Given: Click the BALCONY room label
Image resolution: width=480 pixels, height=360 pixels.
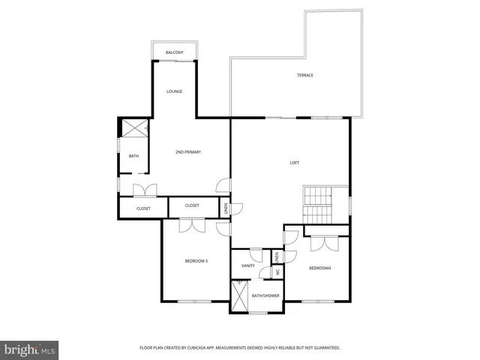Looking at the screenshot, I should [174, 52].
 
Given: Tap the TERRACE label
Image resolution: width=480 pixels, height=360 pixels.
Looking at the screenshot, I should [304, 75].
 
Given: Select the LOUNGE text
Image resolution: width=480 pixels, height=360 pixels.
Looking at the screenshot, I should [174, 91].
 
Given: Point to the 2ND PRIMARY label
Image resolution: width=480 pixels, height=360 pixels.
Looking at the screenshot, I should [188, 152].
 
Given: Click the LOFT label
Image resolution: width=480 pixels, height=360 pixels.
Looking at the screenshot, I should [295, 163].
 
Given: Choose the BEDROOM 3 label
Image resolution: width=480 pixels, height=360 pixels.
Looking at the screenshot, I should [196, 261].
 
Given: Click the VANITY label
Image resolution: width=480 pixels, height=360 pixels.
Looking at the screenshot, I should [248, 265].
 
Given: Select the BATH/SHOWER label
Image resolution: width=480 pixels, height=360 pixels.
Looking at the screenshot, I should [265, 295].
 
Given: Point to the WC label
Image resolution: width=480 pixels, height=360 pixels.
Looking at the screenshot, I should [276, 271].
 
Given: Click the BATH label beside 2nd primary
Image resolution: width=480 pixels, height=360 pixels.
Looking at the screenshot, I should [133, 156].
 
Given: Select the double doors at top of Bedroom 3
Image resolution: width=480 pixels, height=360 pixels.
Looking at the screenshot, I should [193, 224].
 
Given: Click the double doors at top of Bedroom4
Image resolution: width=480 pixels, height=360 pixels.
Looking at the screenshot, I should [325, 243].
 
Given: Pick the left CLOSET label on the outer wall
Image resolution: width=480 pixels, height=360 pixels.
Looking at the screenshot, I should [143, 208].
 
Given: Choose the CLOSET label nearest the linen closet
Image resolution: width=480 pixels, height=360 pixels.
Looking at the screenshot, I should [192, 205].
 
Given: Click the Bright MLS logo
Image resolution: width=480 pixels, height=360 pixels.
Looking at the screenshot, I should [29, 349].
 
